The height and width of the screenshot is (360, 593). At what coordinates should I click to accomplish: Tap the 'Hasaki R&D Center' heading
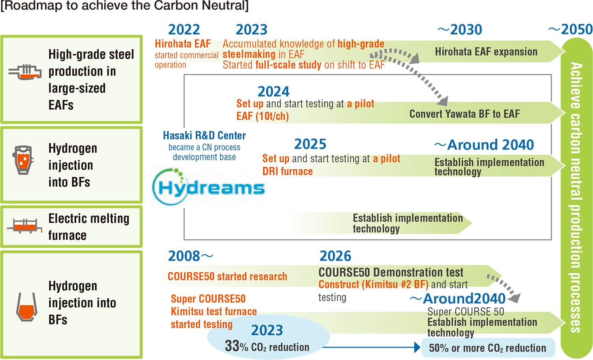tap(204, 136)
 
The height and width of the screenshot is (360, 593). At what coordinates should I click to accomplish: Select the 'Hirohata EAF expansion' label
tap(486, 52)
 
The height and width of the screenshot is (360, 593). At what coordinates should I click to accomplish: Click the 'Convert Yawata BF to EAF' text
tap(465, 114)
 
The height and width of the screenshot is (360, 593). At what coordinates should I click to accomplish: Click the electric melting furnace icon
tap(25, 225)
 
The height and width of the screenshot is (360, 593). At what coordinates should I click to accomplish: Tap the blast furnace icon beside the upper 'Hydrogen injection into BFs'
tap(23, 160)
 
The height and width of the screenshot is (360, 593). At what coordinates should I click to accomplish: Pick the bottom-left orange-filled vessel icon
tap(27, 307)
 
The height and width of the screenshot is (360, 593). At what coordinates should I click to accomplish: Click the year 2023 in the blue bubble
tap(267, 330)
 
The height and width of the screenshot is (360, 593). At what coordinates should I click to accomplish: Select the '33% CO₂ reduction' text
tap(267, 347)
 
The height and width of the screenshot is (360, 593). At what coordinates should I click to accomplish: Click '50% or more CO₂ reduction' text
tap(487, 348)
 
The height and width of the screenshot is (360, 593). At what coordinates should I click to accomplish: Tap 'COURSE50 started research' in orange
tap(227, 276)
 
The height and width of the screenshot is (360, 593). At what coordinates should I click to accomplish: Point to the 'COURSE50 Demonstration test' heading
tap(391, 273)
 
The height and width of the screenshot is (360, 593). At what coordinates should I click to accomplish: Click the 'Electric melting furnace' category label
tap(89, 227)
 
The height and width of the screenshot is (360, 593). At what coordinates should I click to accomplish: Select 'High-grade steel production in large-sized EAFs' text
tap(91, 80)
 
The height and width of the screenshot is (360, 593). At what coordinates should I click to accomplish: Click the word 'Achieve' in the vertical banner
tap(576, 85)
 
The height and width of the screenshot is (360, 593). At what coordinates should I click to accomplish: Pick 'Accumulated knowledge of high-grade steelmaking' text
tap(303, 49)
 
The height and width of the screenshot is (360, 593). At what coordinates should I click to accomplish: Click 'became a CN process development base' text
tap(204, 152)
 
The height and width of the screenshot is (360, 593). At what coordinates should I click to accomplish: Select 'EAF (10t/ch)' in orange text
tap(263, 116)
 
